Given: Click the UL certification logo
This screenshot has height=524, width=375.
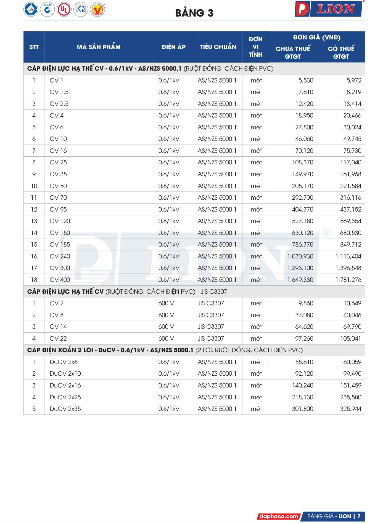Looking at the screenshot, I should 64,10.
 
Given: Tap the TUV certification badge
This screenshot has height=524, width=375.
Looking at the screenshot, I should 31,10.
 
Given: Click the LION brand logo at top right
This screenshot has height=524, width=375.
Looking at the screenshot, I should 329,9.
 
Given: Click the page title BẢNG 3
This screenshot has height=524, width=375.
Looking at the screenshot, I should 194,13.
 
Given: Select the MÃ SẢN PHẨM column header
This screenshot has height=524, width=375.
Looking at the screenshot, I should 99,47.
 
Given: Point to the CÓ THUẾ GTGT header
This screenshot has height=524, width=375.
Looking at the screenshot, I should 341,52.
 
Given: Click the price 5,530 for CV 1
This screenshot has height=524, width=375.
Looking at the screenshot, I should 306,81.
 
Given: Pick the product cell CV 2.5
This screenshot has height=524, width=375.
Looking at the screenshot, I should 59,104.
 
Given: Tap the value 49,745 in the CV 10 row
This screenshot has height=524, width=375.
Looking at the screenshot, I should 352,139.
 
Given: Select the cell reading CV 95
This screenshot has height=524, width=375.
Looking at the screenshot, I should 58,210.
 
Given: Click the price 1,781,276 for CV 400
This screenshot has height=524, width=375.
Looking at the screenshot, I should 348,280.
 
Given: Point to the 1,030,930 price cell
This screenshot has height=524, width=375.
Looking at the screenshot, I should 300,256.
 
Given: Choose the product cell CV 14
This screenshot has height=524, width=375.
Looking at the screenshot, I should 58,327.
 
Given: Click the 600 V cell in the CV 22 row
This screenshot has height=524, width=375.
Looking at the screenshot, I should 166,339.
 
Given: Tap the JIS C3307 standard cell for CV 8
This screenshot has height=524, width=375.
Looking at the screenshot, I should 211,315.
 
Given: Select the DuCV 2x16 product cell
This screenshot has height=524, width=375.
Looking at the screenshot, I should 65,386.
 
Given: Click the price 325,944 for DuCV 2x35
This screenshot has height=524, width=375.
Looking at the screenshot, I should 350,409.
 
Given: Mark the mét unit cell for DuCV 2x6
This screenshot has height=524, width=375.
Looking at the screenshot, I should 256,362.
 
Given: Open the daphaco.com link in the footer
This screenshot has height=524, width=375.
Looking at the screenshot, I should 279,516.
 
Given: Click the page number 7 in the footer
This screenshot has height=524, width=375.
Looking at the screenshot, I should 359,516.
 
